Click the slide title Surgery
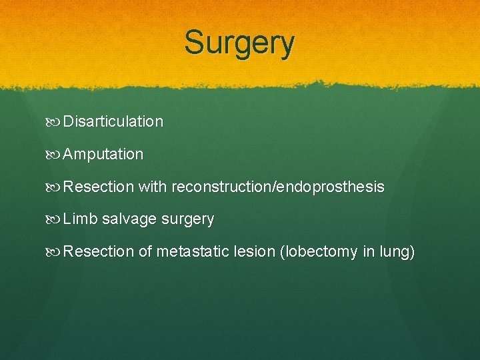[239, 43]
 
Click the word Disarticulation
[113, 121]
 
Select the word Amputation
[103, 154]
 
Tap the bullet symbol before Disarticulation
[54, 122]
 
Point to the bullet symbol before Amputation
[54, 155]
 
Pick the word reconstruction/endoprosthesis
[278, 187]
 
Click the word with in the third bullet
[153, 187]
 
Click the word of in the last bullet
[145, 252]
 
